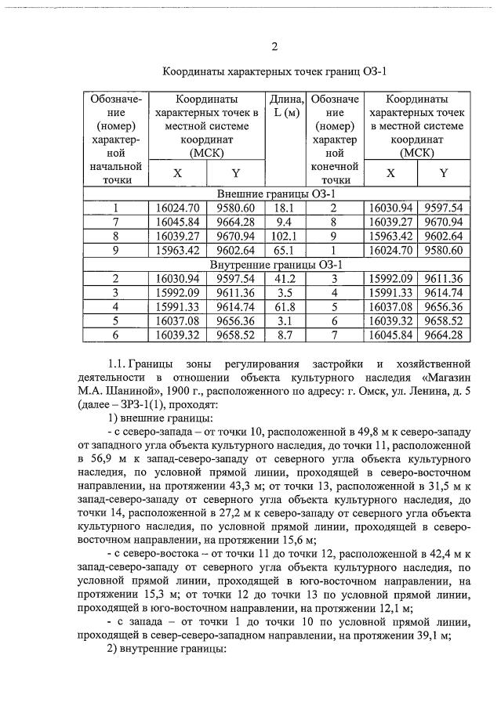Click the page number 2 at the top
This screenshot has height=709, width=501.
pos(274,45)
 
